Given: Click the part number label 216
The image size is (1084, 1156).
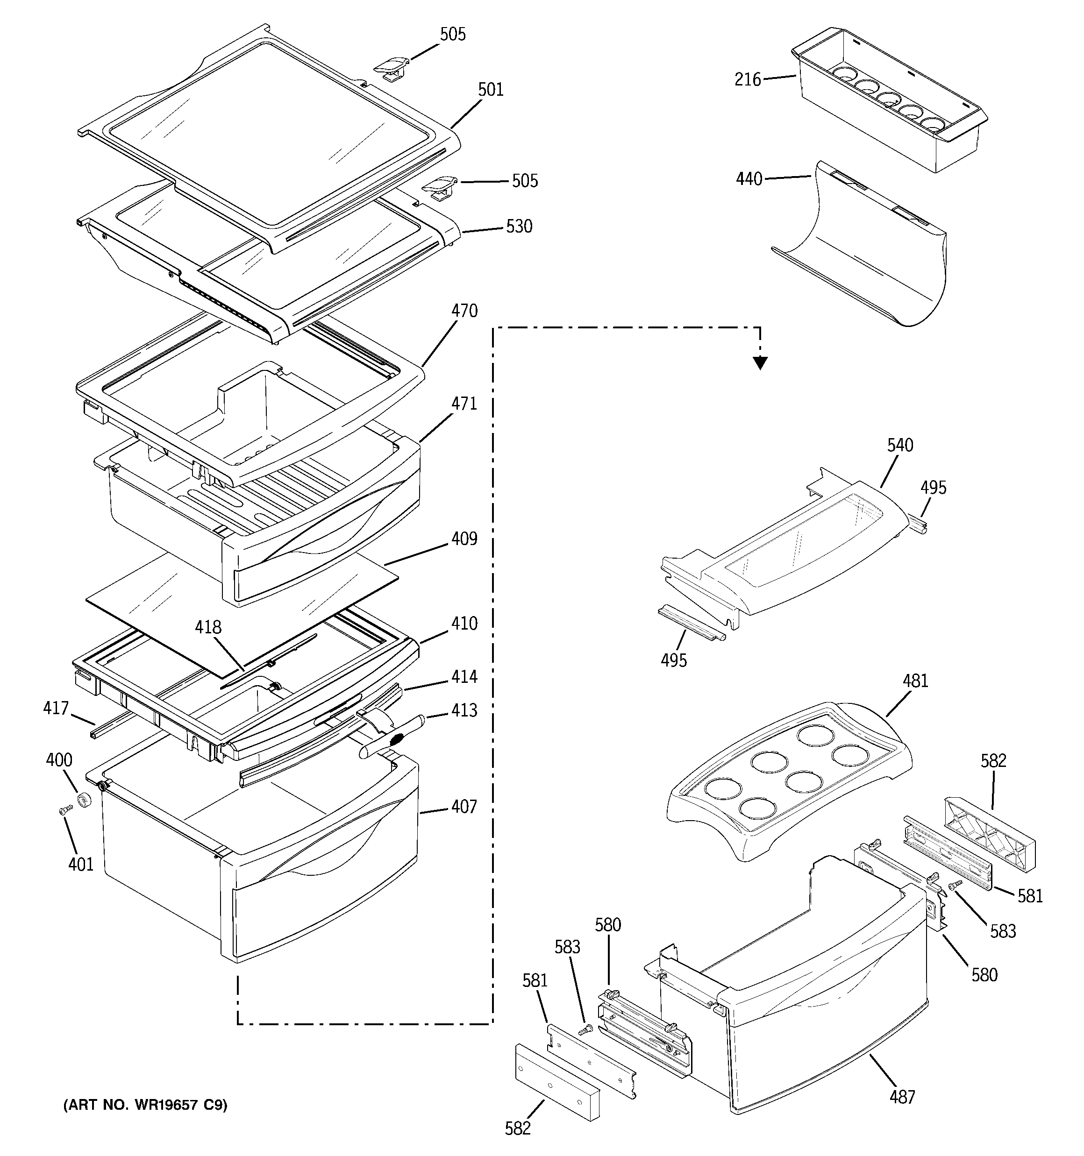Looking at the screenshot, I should click(747, 79).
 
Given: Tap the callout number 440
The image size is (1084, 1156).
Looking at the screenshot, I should click(749, 179).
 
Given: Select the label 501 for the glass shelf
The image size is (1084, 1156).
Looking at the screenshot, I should click(491, 90).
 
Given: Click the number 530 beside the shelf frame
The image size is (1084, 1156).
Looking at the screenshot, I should click(519, 226).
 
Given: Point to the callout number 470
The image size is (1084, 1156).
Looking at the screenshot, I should click(464, 311).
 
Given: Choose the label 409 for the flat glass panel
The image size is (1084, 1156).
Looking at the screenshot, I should click(464, 539).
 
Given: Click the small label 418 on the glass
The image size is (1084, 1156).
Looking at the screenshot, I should click(208, 627).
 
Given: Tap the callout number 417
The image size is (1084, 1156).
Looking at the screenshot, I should click(56, 708).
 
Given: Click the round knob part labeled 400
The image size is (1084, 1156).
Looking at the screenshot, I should click(86, 800).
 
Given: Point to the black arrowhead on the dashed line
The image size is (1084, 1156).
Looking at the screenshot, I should click(760, 363).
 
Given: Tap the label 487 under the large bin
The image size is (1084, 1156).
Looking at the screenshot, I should click(902, 1097).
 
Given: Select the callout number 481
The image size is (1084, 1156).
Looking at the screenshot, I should click(915, 681).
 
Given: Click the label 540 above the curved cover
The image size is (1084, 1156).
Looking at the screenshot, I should click(900, 446).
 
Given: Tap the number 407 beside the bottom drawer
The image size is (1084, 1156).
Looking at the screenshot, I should click(464, 807).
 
